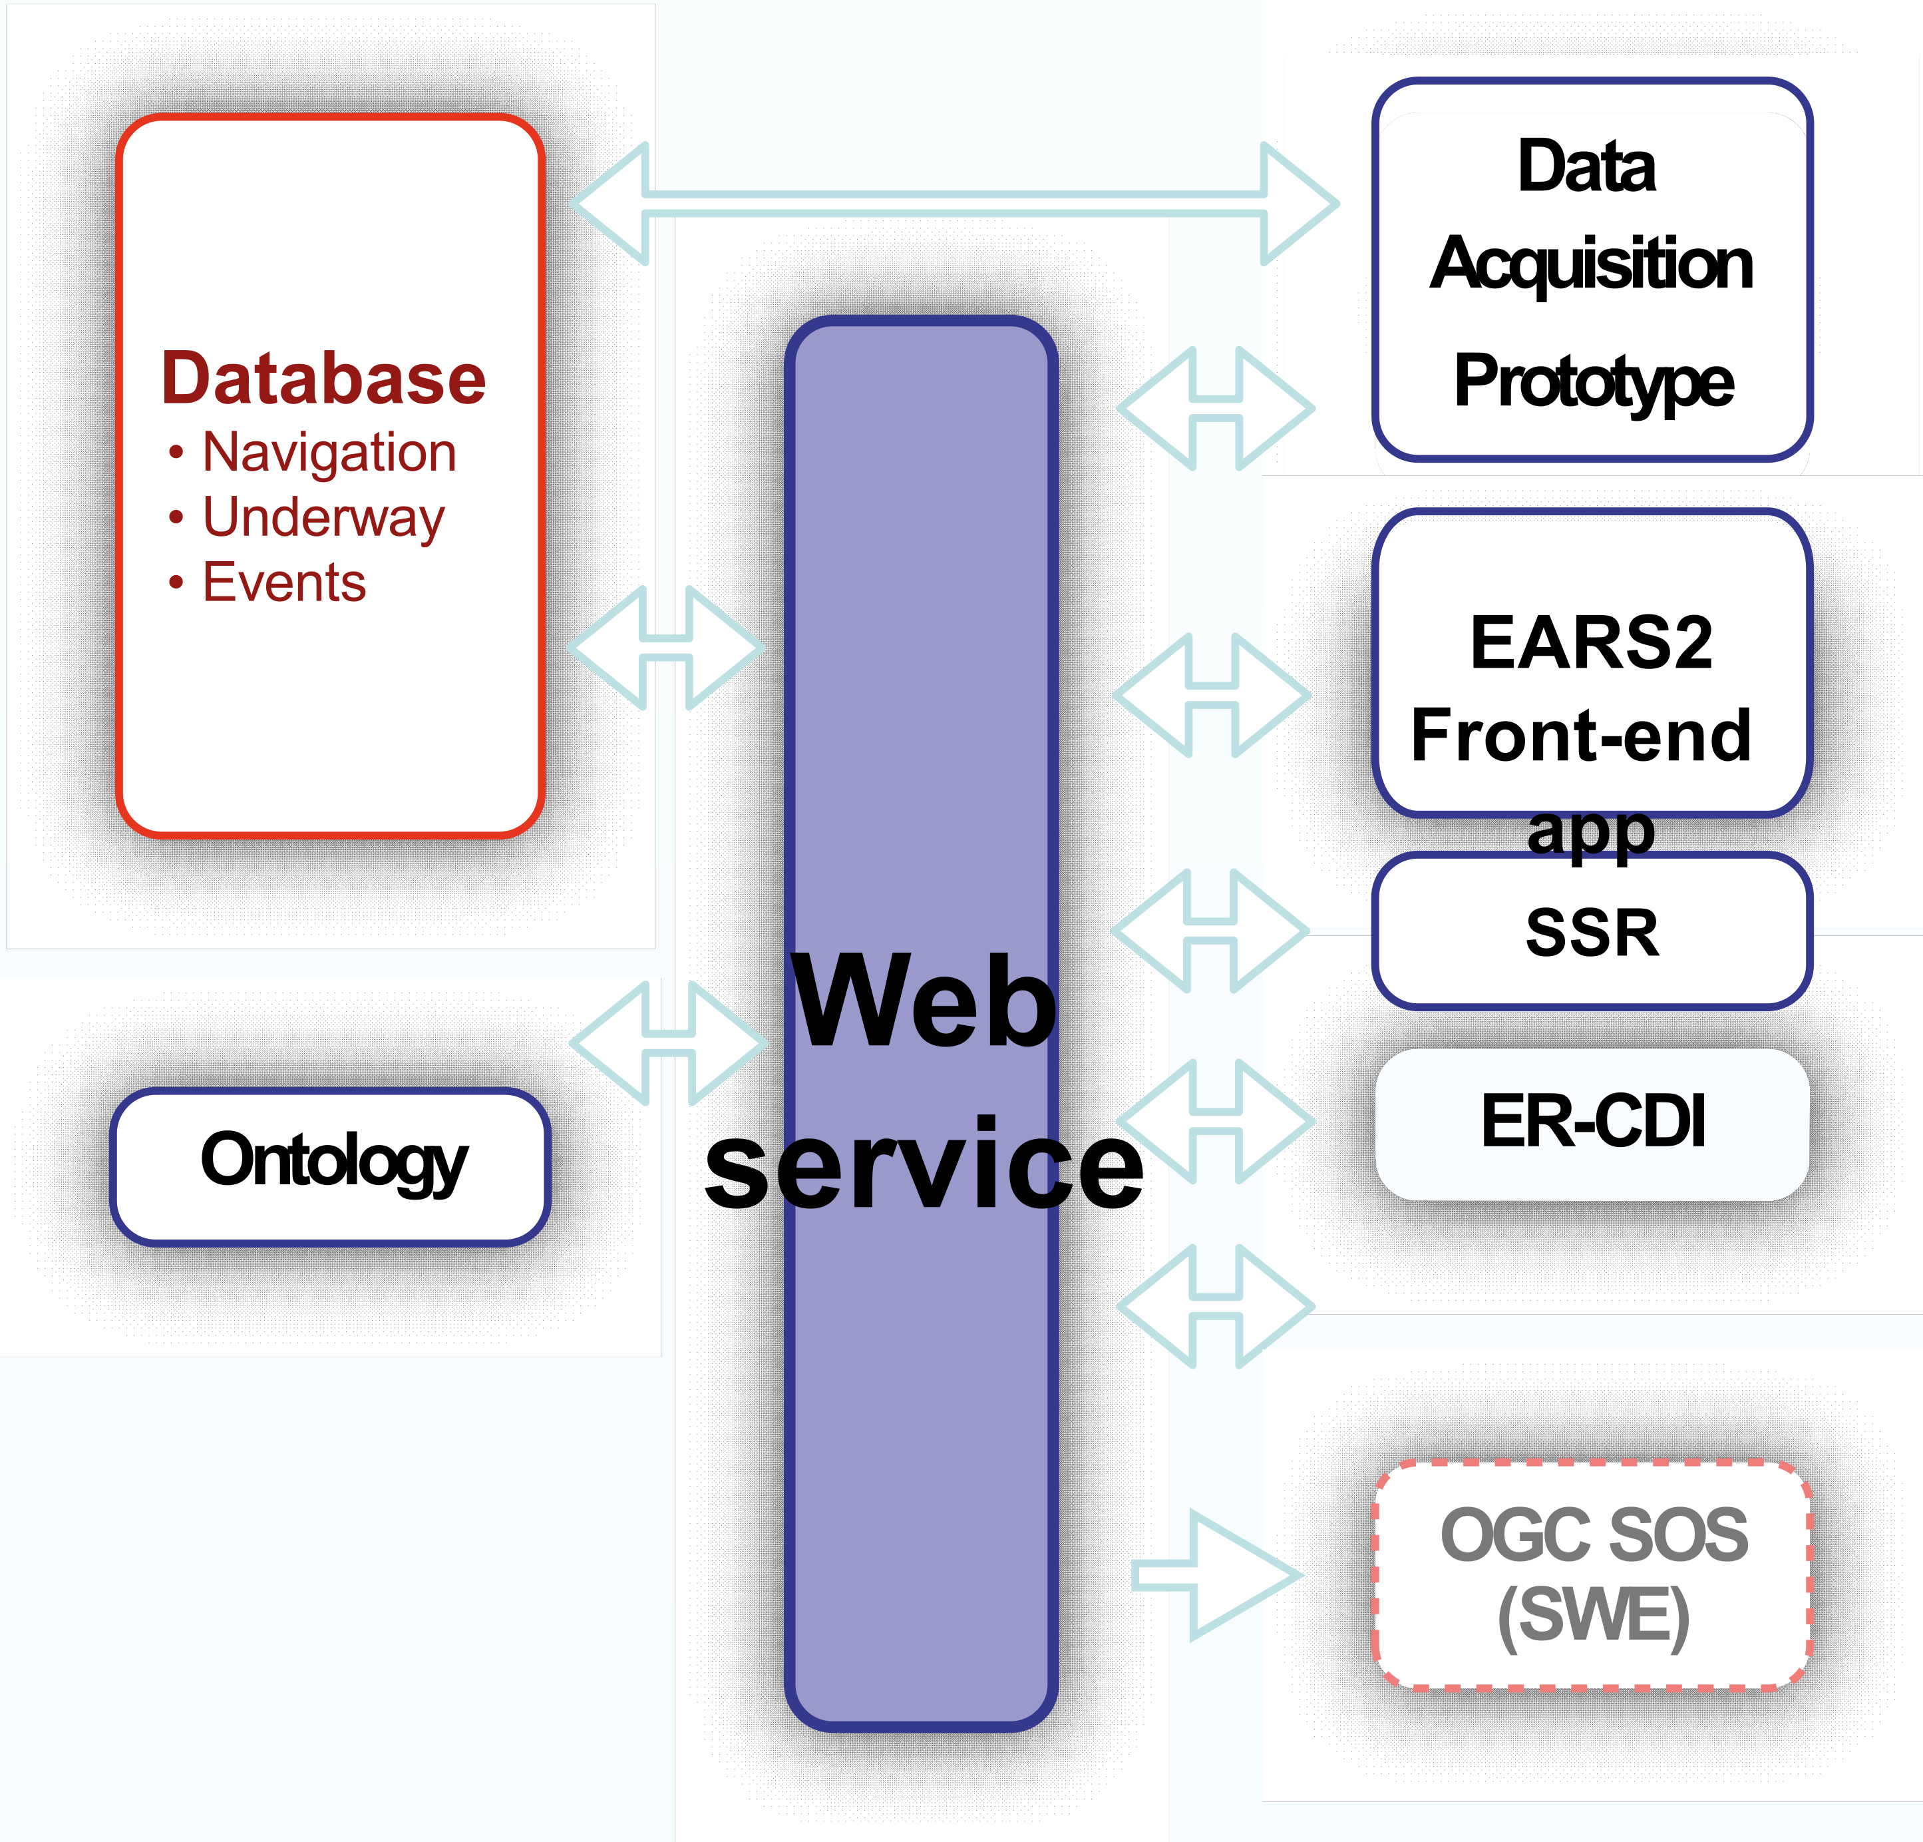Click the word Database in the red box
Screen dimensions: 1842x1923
324,379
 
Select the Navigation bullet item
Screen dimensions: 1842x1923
329,453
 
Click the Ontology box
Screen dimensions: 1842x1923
331,1165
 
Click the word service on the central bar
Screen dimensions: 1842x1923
923,1165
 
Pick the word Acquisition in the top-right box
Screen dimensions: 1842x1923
1592,264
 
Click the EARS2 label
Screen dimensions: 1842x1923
1592,643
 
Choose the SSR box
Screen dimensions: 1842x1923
1592,931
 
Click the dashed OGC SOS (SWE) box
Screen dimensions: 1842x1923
1592,1575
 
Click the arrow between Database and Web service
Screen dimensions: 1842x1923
666,648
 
